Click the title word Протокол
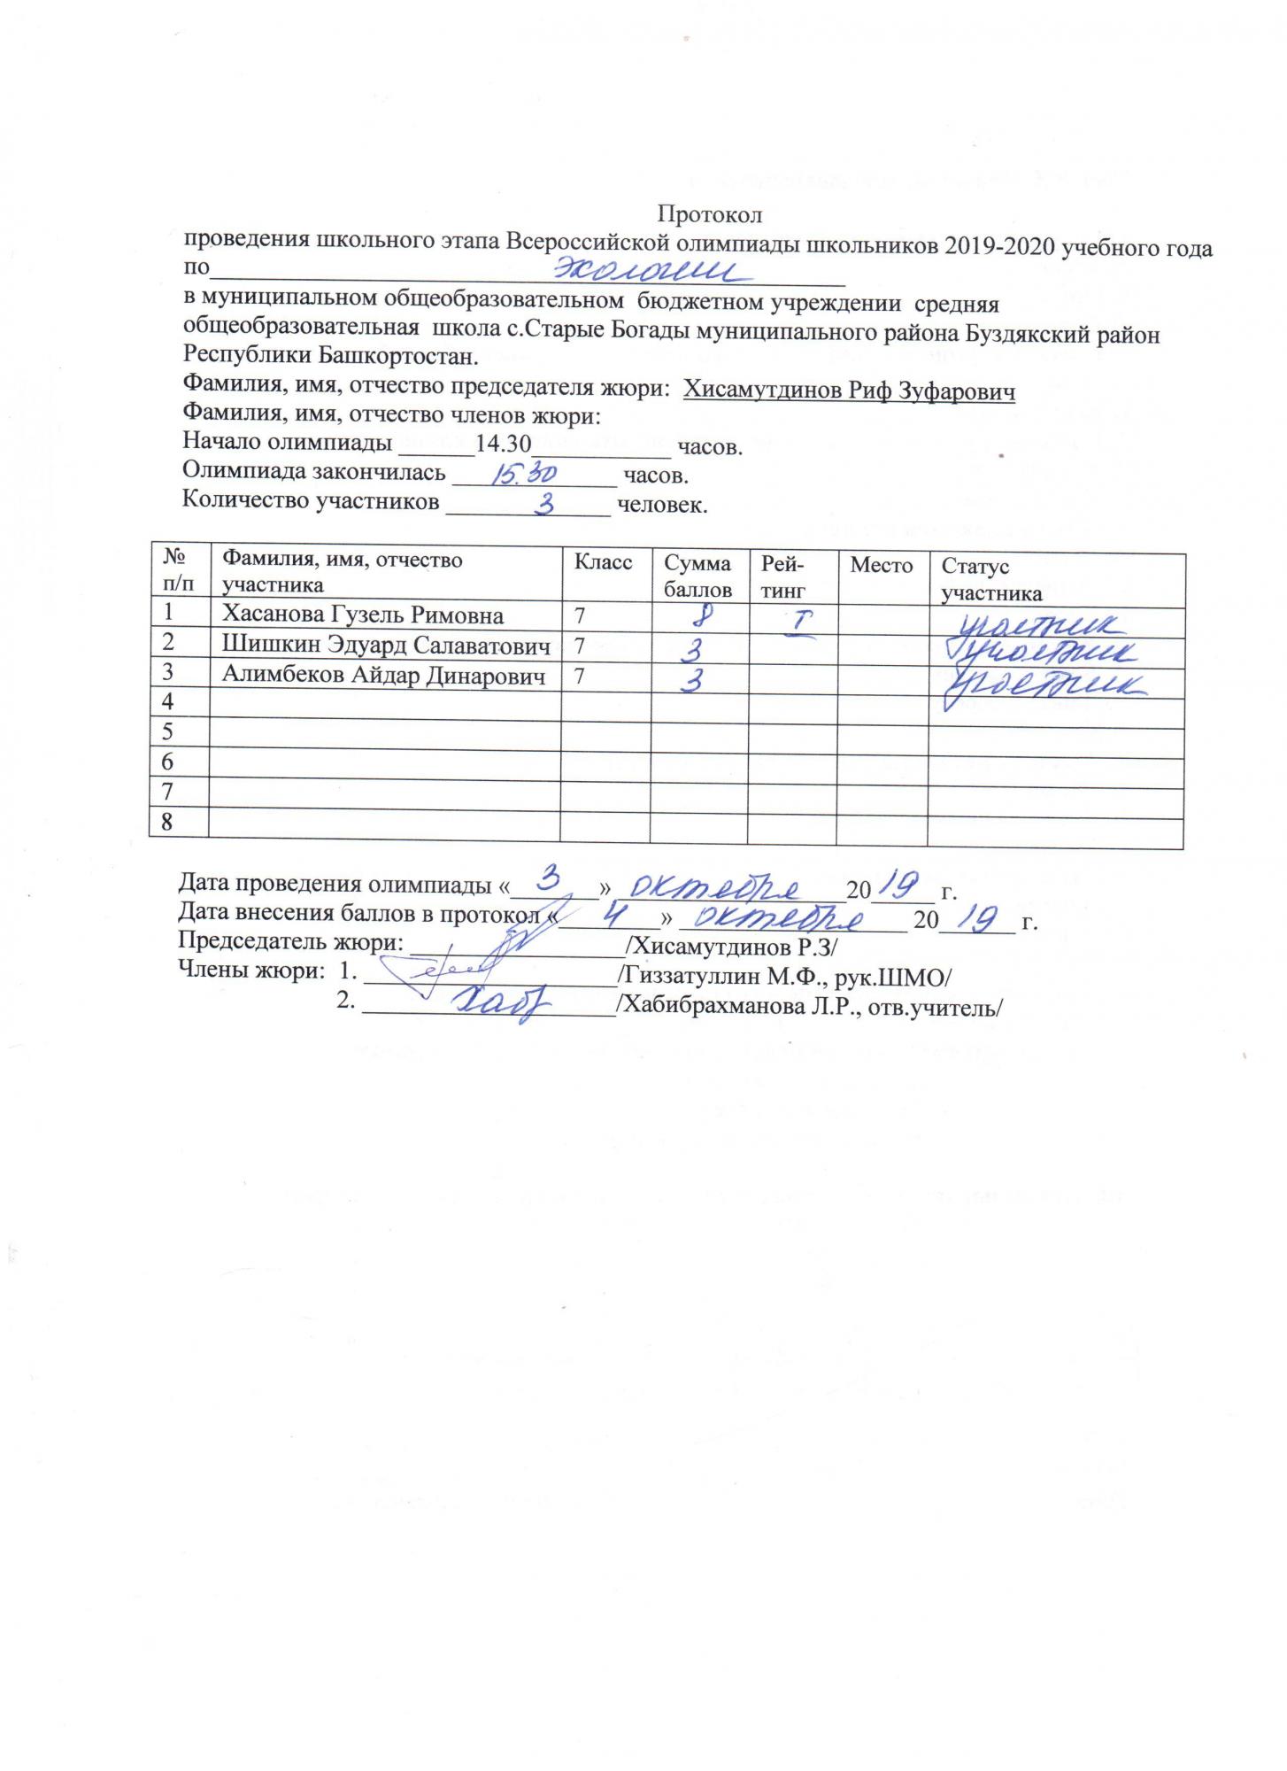click(x=709, y=214)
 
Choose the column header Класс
click(x=603, y=563)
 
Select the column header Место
click(x=881, y=566)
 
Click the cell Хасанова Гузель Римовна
click(x=362, y=615)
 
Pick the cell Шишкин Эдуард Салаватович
click(x=385, y=646)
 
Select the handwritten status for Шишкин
click(x=1042, y=654)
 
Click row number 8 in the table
click(x=166, y=823)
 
